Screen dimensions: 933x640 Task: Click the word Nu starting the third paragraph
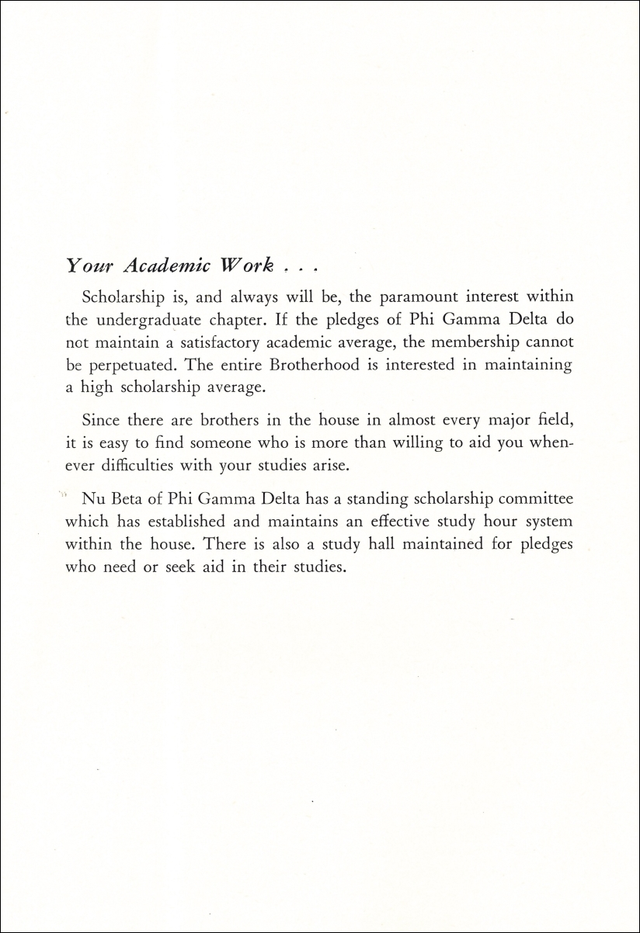click(91, 498)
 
